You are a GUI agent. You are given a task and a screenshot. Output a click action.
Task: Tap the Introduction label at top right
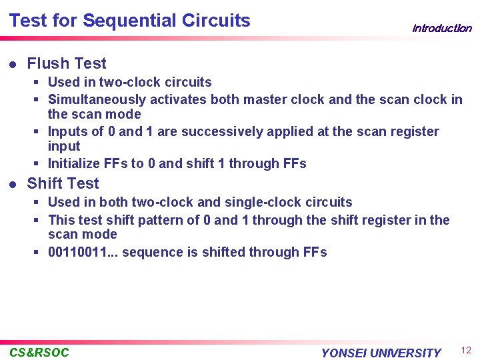tap(441, 28)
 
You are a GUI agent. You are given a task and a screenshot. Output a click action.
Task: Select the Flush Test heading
tap(67, 63)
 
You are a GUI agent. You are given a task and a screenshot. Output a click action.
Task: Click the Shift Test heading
tap(63, 183)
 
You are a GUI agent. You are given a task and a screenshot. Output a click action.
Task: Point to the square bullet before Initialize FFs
tap(40, 163)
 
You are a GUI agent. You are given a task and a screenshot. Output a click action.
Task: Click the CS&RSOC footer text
tap(39, 352)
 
